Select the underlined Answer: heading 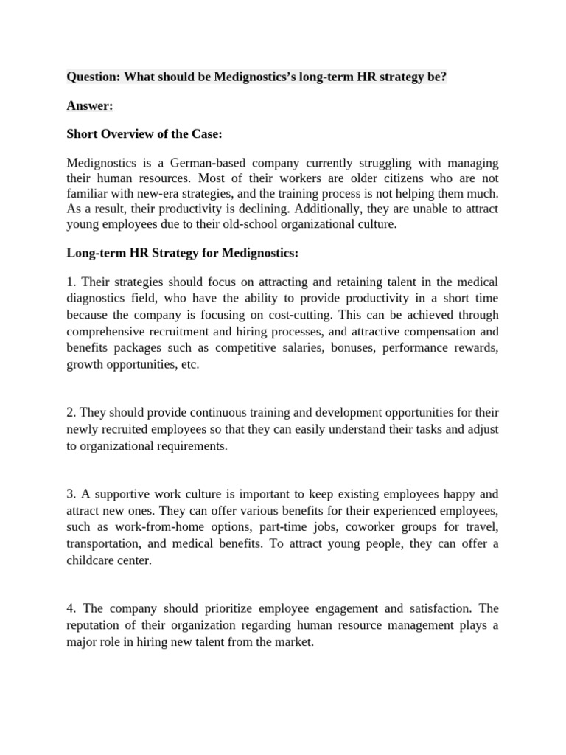(89, 106)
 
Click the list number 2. (71, 414)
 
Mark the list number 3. (71, 494)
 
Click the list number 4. (71, 609)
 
